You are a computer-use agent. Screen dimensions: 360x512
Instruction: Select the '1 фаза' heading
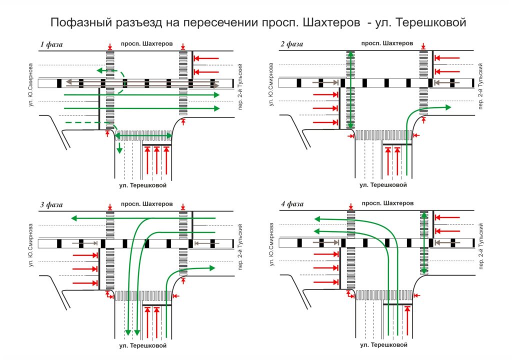[x=51, y=44]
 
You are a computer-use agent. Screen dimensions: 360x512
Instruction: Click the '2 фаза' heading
[x=292, y=44]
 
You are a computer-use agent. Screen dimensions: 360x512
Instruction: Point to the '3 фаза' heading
[x=51, y=204]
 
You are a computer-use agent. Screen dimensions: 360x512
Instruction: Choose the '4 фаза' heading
[x=292, y=204]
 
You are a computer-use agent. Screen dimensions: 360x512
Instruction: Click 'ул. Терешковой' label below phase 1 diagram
[x=142, y=185]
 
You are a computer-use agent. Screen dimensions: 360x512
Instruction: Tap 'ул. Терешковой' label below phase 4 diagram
[x=383, y=345]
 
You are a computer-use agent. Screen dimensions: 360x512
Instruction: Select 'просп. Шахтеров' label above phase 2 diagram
[x=387, y=43]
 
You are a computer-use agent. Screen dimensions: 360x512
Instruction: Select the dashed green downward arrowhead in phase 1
[x=119, y=150]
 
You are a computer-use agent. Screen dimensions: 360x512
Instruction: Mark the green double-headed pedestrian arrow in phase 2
[x=350, y=90]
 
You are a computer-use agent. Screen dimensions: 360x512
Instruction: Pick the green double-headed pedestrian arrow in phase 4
[x=424, y=243]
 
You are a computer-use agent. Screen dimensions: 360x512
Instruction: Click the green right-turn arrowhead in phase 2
[x=447, y=106]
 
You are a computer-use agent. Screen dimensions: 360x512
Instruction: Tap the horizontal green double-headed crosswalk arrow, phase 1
[x=143, y=135]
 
